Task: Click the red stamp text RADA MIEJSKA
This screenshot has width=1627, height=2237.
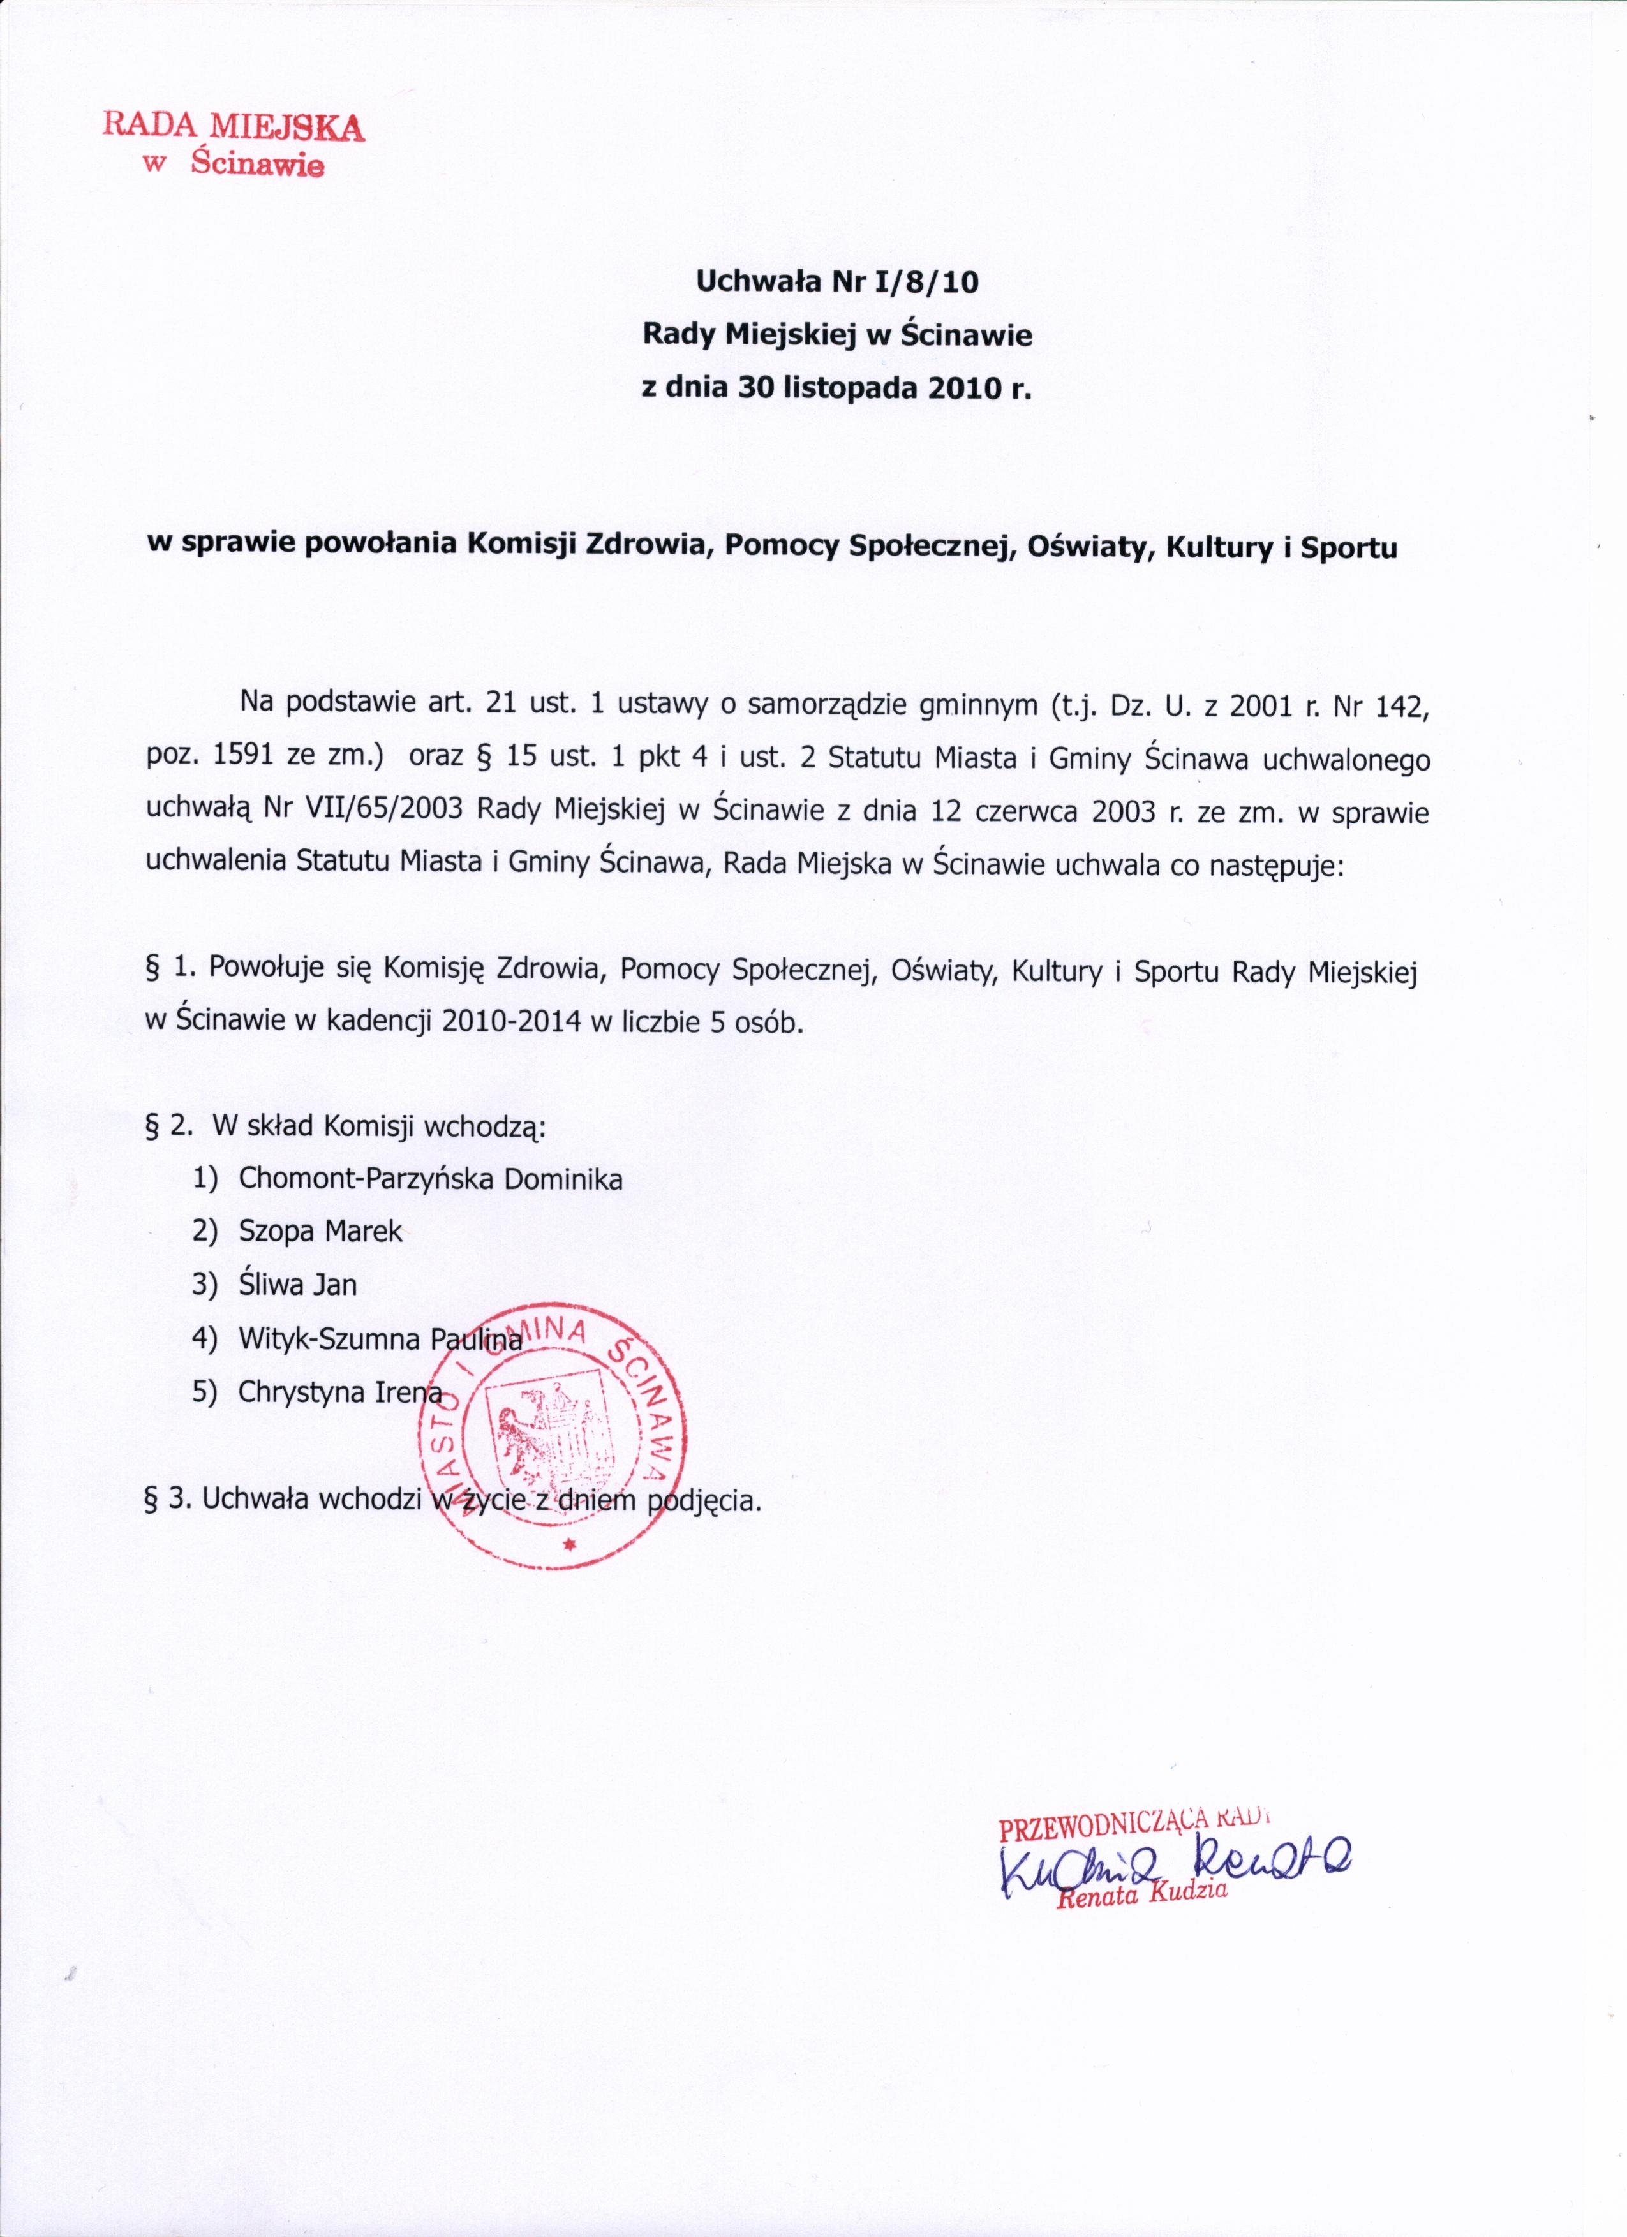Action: (x=234, y=126)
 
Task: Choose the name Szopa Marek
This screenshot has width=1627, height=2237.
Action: (x=321, y=1232)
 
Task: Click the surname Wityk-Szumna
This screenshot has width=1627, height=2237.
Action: (x=331, y=1338)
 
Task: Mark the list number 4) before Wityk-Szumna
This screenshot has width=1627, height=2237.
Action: (x=205, y=1338)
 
